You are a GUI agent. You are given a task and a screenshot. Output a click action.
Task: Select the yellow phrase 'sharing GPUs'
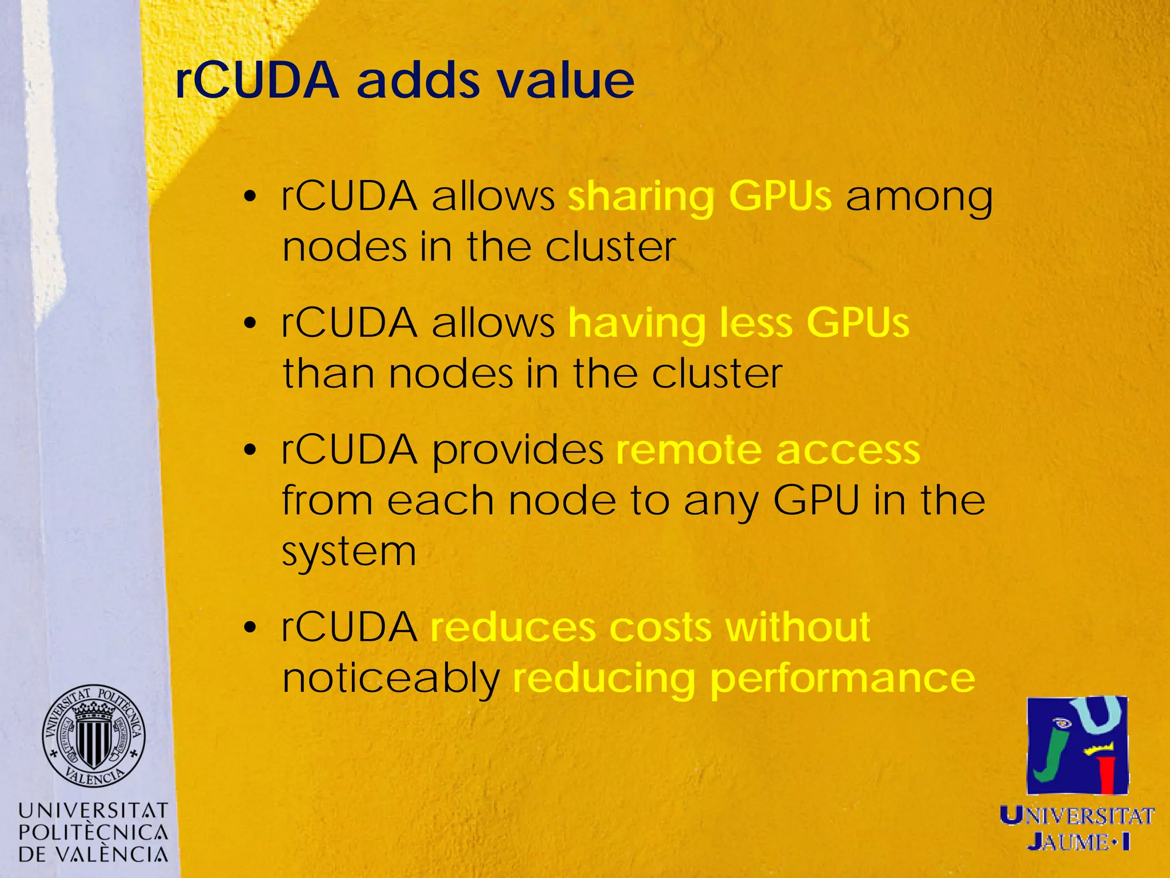tap(700, 197)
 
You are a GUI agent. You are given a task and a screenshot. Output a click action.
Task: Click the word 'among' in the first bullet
tap(919, 197)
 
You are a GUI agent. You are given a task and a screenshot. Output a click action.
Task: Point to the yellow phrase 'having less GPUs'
tap(739, 324)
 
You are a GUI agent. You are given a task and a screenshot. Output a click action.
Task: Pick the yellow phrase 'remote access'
tap(768, 450)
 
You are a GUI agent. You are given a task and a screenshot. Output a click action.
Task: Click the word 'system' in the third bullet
tap(349, 552)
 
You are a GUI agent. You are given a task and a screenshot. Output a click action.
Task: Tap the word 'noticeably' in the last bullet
tap(391, 679)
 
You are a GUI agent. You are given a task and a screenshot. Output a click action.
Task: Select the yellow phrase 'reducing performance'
tap(744, 679)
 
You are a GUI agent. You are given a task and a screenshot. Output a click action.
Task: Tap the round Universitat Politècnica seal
tap(93, 735)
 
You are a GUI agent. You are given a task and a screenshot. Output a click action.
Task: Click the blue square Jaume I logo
tap(1077, 745)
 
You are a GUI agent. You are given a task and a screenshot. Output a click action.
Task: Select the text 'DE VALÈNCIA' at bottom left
tap(93, 854)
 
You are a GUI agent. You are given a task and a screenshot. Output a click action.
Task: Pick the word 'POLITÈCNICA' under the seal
tap(93, 832)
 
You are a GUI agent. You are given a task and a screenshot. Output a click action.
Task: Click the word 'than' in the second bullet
tap(328, 374)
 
